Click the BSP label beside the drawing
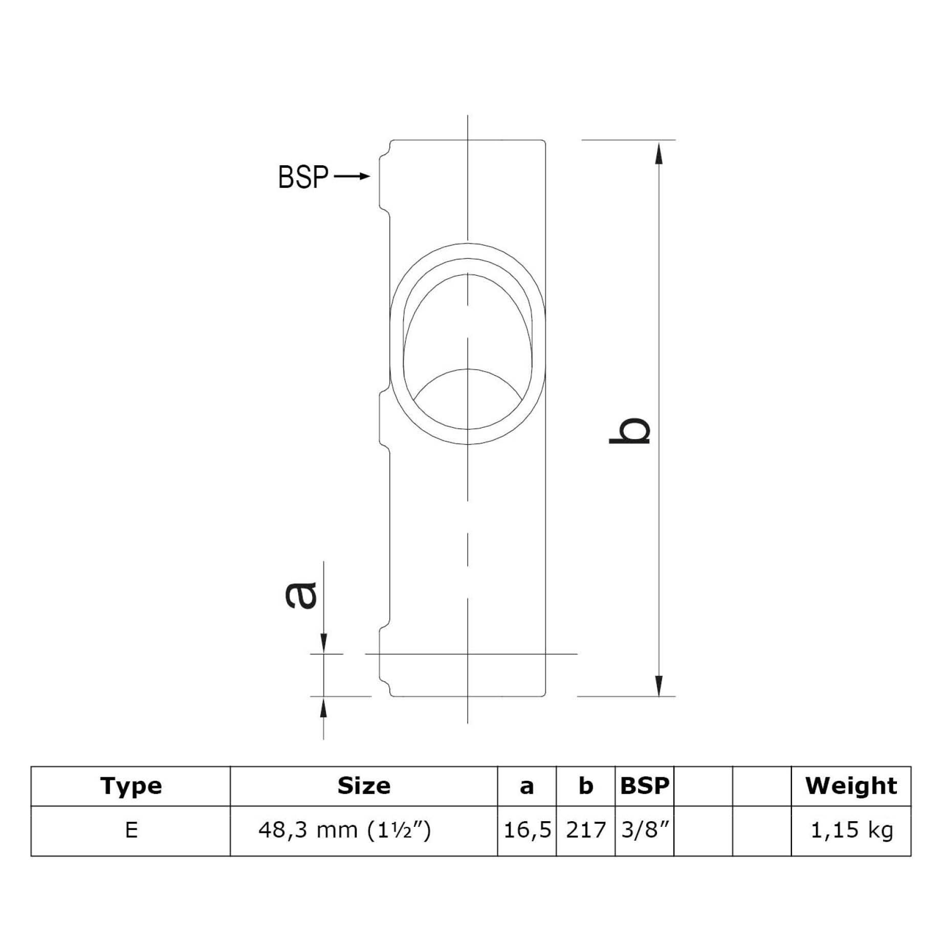(x=303, y=177)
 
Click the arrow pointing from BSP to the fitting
(x=352, y=177)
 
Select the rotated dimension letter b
(x=630, y=430)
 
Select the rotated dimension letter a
(x=301, y=596)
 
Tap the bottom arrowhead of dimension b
(x=659, y=685)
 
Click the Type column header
(x=131, y=786)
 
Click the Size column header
(x=364, y=786)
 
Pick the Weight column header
(x=851, y=786)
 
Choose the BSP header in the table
(x=644, y=786)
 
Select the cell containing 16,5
(x=527, y=830)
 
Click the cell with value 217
(x=585, y=830)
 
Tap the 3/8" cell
(x=644, y=830)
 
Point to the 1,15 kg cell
(x=851, y=830)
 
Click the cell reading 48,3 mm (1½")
(x=345, y=830)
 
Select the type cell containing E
(x=131, y=830)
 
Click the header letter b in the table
(x=585, y=786)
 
